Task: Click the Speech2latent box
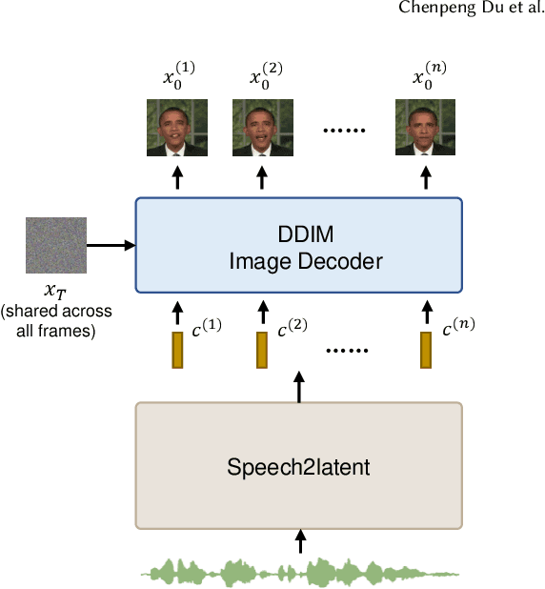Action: (299, 466)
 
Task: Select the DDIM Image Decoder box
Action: (299, 245)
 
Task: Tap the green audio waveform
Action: (299, 571)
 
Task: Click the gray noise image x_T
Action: (55, 245)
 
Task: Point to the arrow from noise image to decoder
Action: (111, 245)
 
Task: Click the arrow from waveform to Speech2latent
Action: (300, 541)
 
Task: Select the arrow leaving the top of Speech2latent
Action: (300, 386)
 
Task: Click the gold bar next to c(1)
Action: (177, 350)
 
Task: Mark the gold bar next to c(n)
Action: (426, 350)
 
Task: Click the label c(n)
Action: (458, 330)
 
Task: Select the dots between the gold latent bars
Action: (347, 350)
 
